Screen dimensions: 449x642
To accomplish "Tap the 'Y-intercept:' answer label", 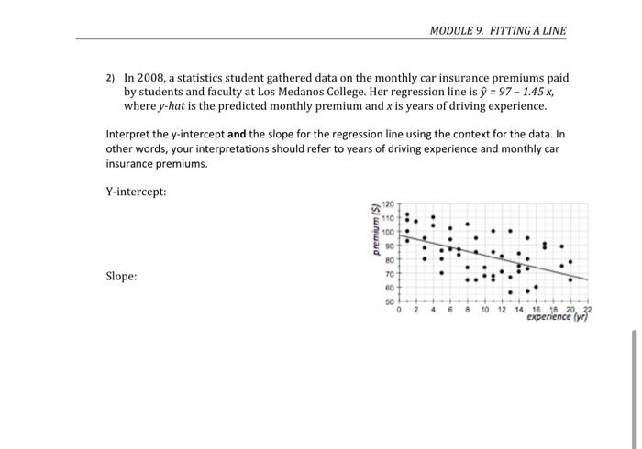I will tap(137, 192).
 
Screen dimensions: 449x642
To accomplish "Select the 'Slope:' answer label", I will tap(122, 276).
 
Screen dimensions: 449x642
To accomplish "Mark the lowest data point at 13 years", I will tap(510, 293).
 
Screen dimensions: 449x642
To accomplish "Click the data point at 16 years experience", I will tap(536, 287).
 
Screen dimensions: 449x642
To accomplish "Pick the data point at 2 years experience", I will tap(416, 221).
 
